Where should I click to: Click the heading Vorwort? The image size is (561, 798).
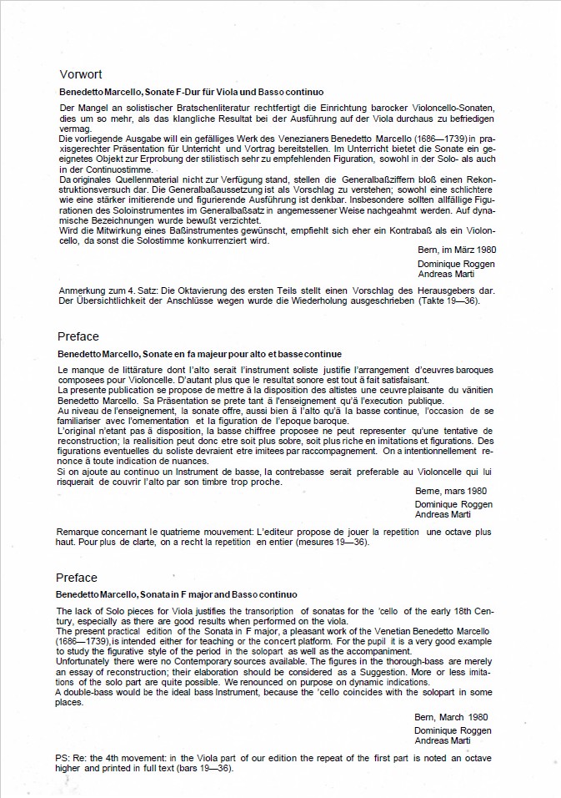pos(81,73)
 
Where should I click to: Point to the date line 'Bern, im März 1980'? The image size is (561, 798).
pos(455,249)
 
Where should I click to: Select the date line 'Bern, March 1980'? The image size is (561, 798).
pos(450,717)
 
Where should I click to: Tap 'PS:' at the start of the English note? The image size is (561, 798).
pos(64,757)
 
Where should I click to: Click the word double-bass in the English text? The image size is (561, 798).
pos(91,692)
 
